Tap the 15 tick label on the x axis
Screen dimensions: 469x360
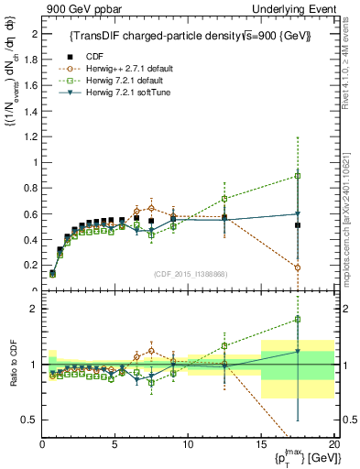click(261, 444)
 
